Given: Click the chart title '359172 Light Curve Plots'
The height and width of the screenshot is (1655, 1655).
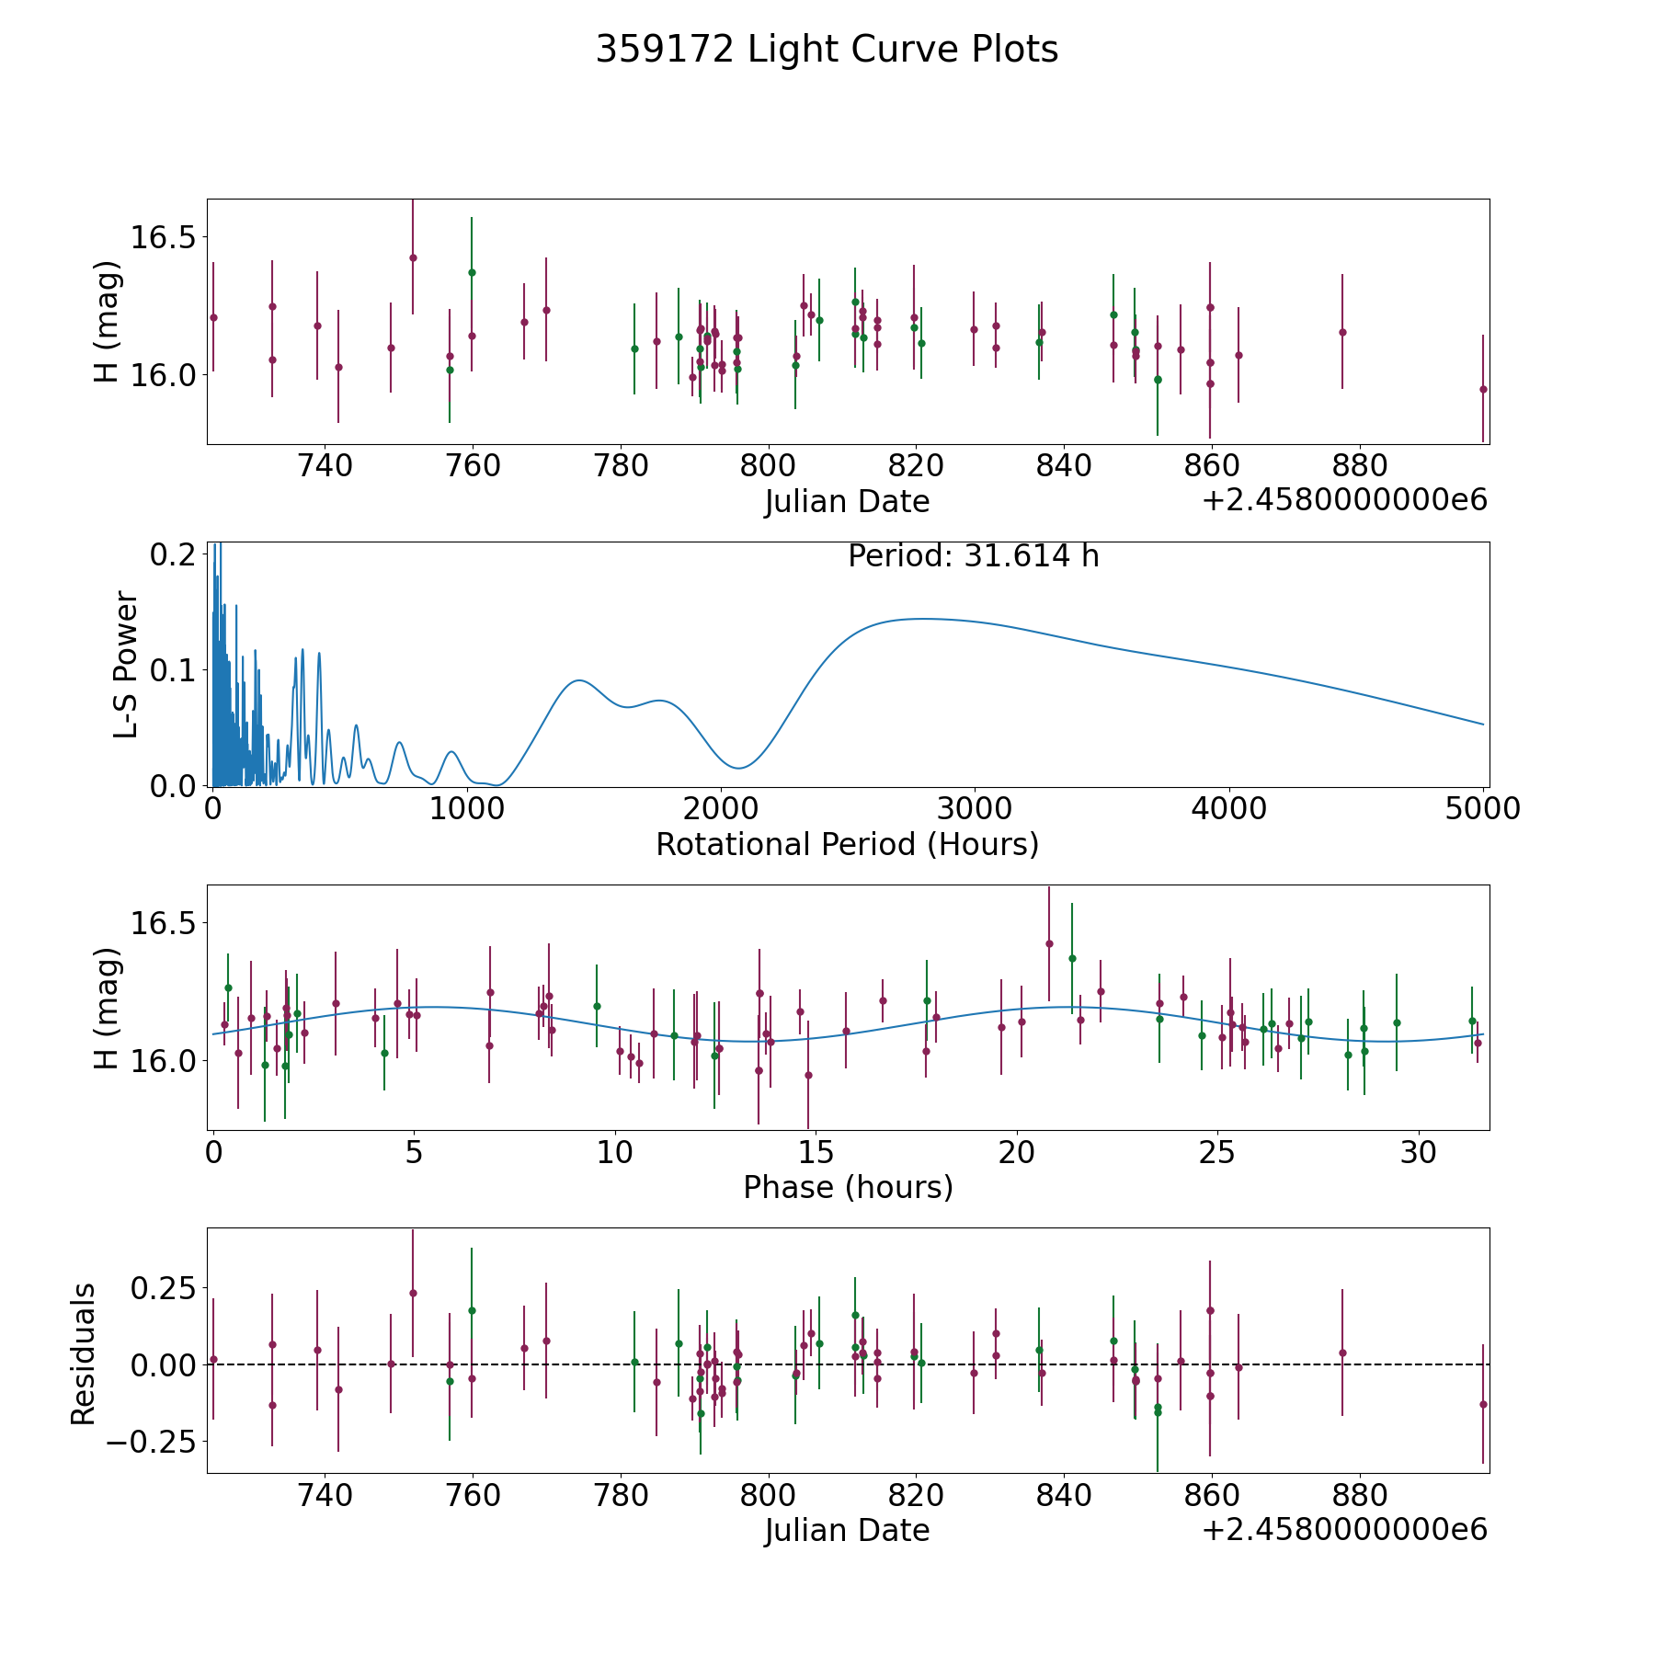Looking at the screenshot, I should point(827,50).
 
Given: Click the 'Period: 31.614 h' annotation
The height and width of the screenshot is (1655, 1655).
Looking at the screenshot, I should point(973,556).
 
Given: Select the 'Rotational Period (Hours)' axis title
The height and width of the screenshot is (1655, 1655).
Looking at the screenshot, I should point(847,844).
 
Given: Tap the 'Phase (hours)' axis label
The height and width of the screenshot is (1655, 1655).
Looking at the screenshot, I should point(848,1187).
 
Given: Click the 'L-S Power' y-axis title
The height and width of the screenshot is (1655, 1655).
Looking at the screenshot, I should point(126,665).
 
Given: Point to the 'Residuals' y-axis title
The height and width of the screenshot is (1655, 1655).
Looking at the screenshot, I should point(84,1354).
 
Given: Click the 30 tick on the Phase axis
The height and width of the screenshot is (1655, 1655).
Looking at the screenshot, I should point(1419,1153).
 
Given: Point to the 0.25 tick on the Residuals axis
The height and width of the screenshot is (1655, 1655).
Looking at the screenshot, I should point(164,1287).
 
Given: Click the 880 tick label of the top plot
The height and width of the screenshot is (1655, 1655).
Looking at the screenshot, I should point(1359,466).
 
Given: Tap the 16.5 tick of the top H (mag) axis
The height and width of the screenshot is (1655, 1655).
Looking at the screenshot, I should point(162,237).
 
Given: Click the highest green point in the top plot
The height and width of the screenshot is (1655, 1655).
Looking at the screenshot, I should point(472,272).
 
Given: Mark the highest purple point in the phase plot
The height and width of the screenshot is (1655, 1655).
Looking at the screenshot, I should point(1049,943).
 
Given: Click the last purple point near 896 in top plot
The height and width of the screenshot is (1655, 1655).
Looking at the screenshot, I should point(1483,389).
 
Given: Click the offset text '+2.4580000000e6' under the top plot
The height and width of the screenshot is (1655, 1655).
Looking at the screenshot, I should point(1344,501).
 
